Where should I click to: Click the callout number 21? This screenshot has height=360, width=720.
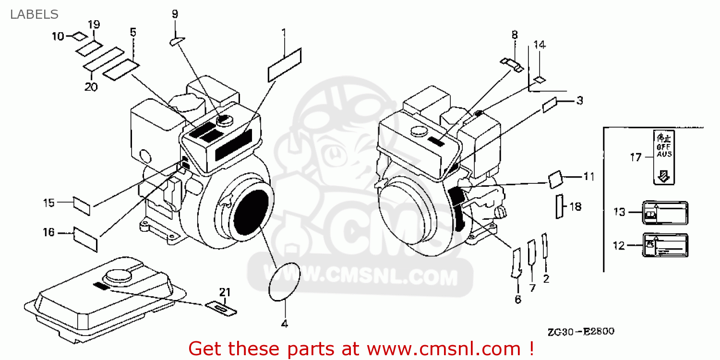click(225, 292)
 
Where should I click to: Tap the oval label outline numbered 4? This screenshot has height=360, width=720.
click(285, 282)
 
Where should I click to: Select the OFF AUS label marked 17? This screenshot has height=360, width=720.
click(664, 156)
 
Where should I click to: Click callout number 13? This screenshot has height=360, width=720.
click(620, 212)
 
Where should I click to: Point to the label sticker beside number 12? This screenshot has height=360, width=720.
click(665, 245)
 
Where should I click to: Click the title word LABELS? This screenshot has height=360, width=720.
click(34, 14)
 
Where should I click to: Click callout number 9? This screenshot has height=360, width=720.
click(175, 13)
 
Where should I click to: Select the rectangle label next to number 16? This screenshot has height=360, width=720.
click(85, 238)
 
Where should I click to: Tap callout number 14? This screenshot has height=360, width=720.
click(539, 45)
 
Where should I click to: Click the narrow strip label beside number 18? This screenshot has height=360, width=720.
click(559, 206)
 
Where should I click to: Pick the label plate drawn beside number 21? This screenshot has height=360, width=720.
click(221, 308)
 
